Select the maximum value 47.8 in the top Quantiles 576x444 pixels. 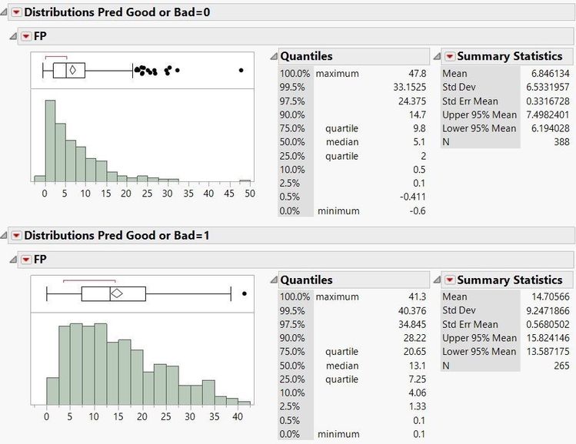pyautogui.click(x=415, y=73)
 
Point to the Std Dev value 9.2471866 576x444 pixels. pyautogui.click(x=542, y=310)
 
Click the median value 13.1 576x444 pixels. pyautogui.click(x=415, y=366)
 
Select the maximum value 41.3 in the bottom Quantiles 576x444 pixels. pyautogui.click(x=415, y=297)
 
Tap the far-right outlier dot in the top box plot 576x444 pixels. pyautogui.click(x=241, y=70)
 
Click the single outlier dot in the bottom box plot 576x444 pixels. pyautogui.click(x=244, y=293)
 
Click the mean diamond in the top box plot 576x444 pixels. pyautogui.click(x=72, y=70)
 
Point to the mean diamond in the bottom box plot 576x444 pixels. pyautogui.click(x=117, y=293)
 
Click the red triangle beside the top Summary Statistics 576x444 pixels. pyautogui.click(x=450, y=56)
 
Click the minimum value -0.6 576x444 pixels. pyautogui.click(x=418, y=211)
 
